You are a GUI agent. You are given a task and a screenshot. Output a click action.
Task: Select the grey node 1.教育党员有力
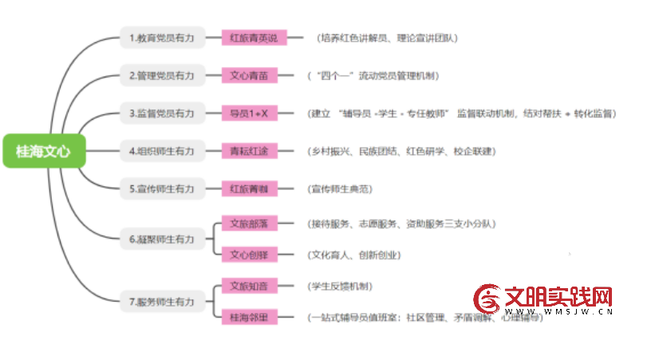[x=160, y=38]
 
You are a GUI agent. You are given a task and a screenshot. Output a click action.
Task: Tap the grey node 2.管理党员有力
[x=160, y=76]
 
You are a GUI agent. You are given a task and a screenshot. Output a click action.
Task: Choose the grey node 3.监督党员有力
[x=160, y=113]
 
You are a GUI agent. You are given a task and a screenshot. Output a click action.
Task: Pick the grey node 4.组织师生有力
[x=160, y=151]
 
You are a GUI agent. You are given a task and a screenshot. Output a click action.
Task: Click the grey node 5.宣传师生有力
[x=160, y=189]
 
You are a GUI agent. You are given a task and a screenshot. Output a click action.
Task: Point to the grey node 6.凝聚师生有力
[x=160, y=238]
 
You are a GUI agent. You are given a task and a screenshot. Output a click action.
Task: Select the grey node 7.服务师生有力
[x=160, y=302]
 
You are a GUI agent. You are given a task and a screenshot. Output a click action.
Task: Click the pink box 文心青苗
[x=248, y=76]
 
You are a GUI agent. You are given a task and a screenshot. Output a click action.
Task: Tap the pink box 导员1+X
[x=248, y=113]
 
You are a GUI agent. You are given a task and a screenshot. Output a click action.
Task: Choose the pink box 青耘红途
[x=248, y=151]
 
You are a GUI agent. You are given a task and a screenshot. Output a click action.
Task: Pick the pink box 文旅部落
[x=248, y=224]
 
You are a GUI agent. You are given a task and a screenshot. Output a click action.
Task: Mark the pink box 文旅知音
[x=248, y=286]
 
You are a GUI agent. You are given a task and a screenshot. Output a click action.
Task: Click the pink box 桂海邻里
[x=248, y=317]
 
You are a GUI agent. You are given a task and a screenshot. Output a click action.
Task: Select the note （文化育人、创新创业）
[x=354, y=255]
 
